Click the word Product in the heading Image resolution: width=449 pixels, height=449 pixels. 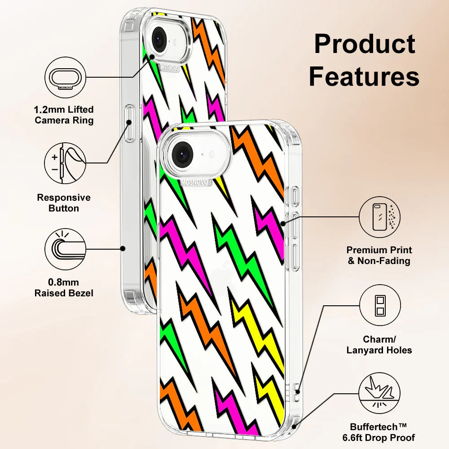click(365, 45)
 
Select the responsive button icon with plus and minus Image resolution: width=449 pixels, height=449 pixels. click(65, 163)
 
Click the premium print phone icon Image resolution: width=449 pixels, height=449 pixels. click(380, 217)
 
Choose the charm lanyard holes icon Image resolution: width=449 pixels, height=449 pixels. click(380, 305)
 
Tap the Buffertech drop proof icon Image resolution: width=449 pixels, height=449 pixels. click(380, 393)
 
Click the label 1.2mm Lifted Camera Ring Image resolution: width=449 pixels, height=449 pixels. click(64, 115)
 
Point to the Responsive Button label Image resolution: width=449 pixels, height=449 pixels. click(64, 203)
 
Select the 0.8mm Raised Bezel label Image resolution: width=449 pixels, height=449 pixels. click(64, 288)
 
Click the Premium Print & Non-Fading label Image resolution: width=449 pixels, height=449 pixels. click(379, 255)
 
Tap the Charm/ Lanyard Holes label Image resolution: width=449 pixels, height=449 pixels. click(379, 345)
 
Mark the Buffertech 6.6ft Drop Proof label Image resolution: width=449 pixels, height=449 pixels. click(383, 432)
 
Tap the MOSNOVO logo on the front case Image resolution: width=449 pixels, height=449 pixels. click(194, 183)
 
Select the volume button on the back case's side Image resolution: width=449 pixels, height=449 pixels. click(130, 123)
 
